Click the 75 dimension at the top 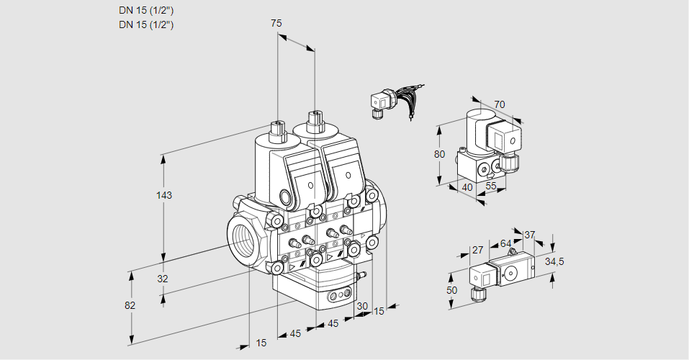tap(276, 24)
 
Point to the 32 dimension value tap(162, 279)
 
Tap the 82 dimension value tap(130, 305)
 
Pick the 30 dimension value tap(361, 306)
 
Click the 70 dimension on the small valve tap(500, 104)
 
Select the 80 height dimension tap(439, 154)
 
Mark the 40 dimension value tap(467, 187)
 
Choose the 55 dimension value tap(491, 186)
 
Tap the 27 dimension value tap(477, 251)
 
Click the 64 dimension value tap(505, 243)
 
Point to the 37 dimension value tap(529, 235)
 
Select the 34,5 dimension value tap(554, 261)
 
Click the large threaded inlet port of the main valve tap(243, 237)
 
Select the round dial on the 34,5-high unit tap(511, 273)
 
